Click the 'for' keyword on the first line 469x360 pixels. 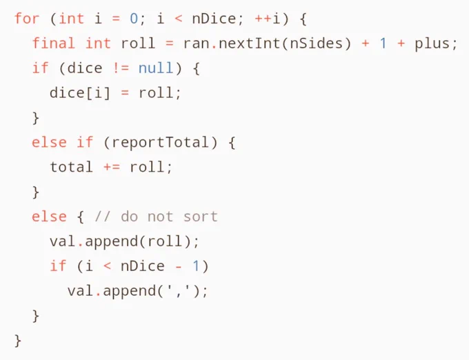27,19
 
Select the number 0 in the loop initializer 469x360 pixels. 134,19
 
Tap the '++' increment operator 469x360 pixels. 263,19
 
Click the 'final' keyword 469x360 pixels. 53,43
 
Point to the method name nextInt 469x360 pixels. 249,43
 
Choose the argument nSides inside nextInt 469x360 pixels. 316,43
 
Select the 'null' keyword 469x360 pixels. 156,68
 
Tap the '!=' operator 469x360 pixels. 121,68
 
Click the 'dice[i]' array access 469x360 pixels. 80,92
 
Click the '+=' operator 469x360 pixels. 112,167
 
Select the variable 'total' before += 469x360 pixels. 71,167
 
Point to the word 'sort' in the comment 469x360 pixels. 201,217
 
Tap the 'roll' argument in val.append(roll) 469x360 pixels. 165,241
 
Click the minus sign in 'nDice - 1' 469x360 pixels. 179,266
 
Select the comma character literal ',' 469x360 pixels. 179,290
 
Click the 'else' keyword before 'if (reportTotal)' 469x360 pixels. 49,142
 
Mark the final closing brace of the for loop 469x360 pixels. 18,341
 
